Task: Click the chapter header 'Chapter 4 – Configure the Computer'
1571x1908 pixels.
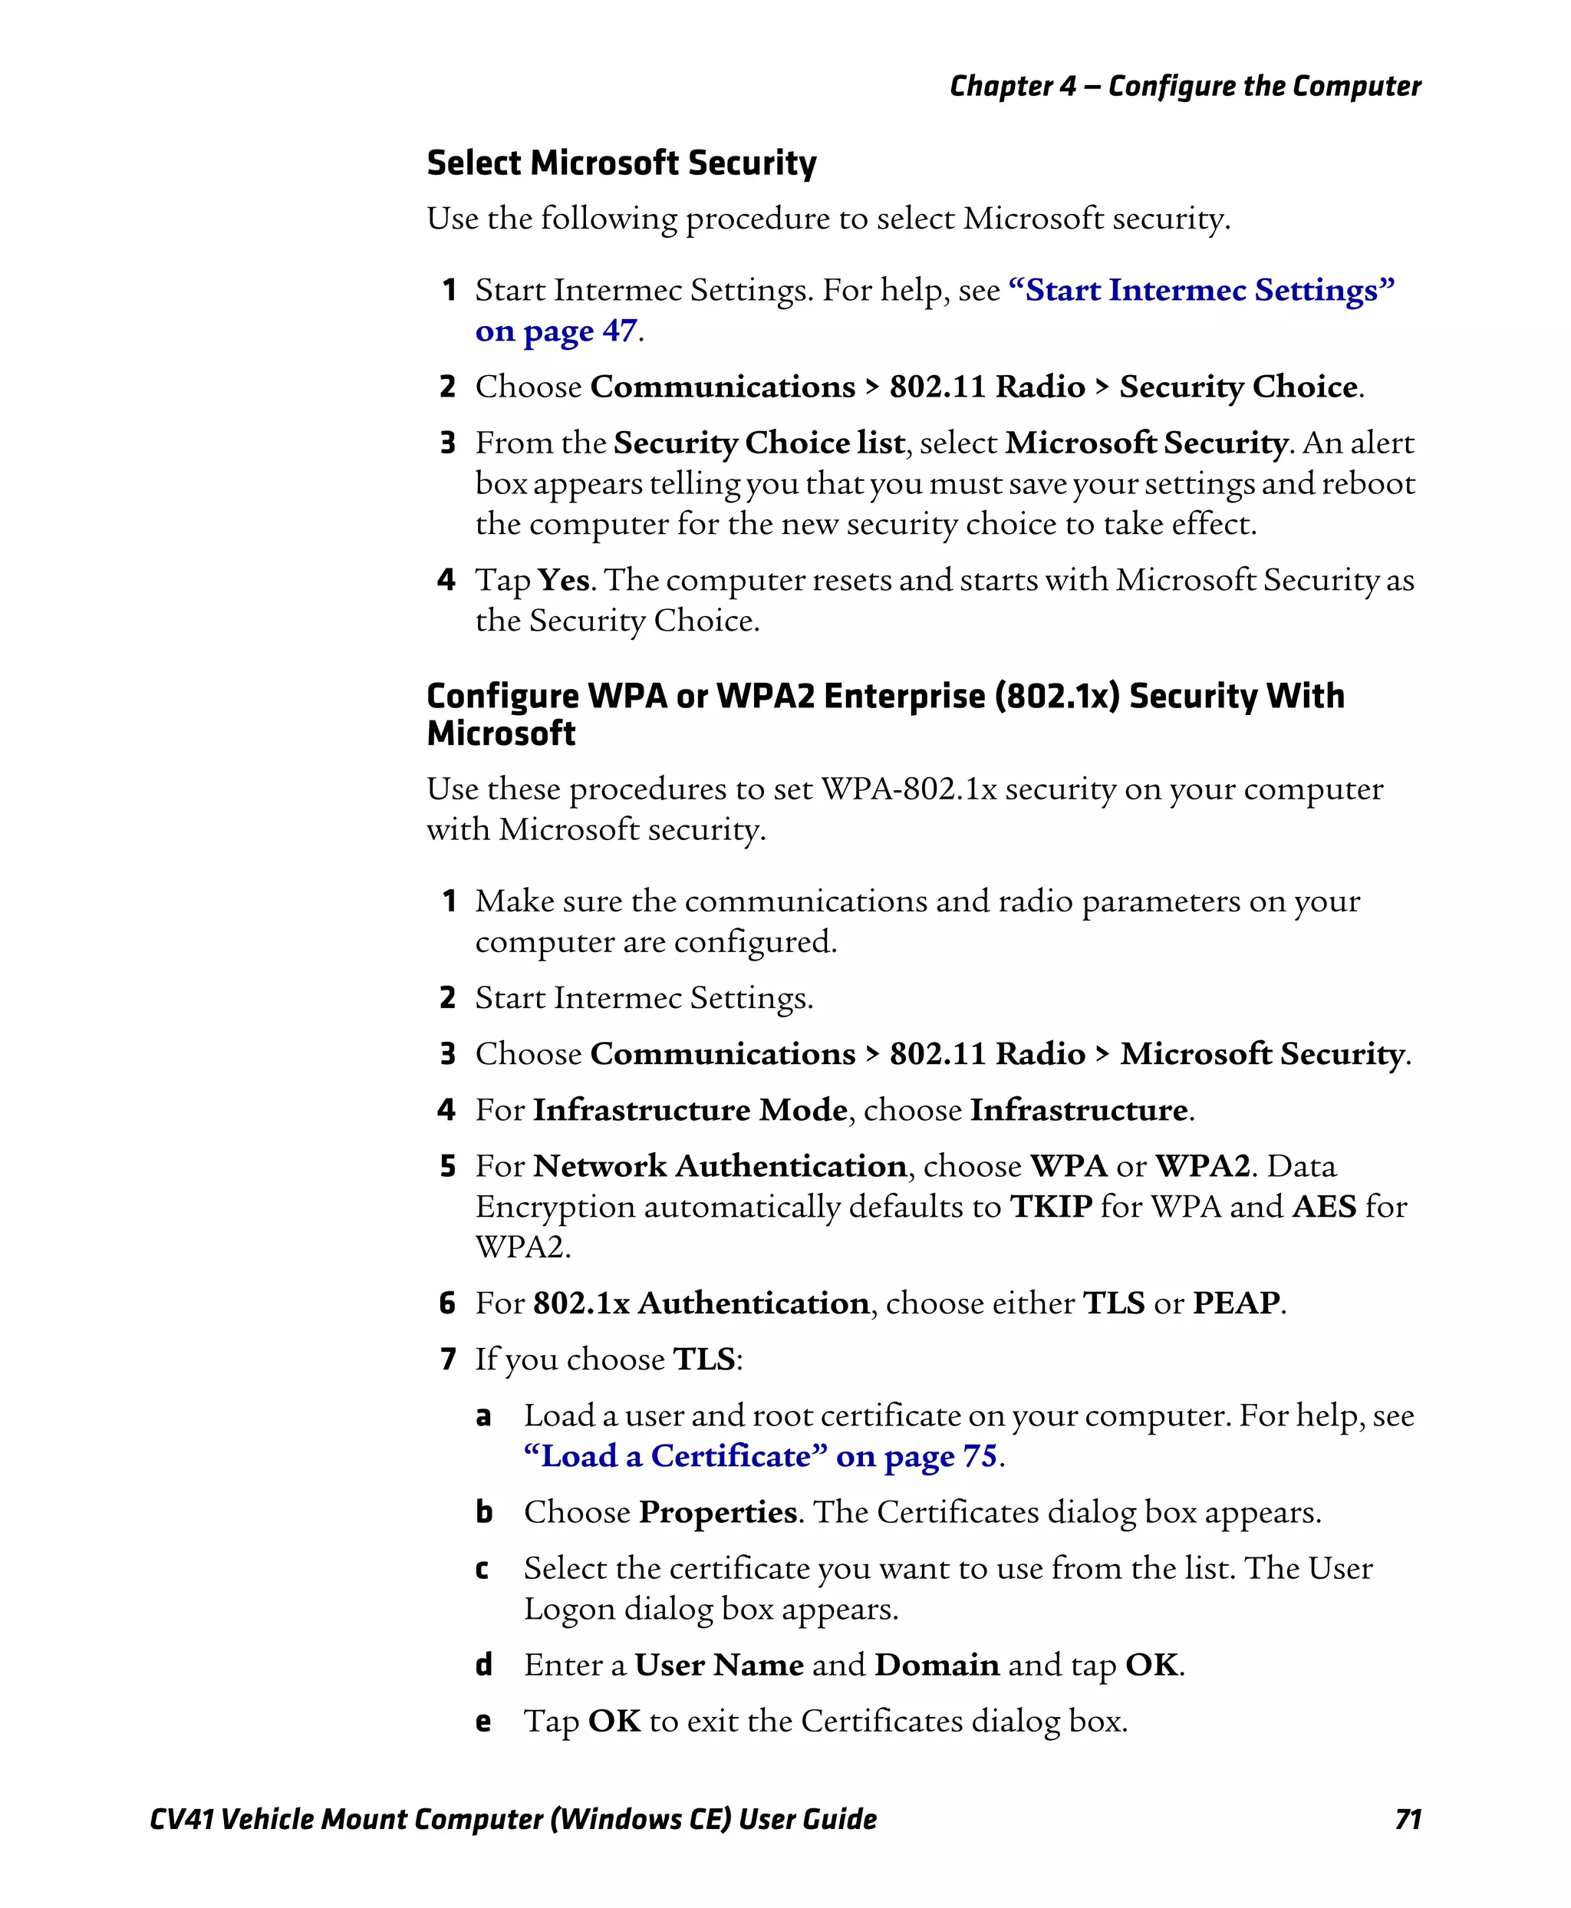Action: click(1184, 86)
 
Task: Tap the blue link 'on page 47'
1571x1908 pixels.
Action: click(555, 331)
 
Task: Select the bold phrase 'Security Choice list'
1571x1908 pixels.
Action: click(759, 443)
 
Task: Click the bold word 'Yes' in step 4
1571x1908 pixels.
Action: click(563, 580)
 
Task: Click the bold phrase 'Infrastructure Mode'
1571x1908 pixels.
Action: click(690, 1109)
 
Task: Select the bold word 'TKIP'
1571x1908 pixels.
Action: click(1051, 1207)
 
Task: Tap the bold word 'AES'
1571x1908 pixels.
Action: click(1324, 1207)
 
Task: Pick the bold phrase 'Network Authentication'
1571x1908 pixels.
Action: click(720, 1166)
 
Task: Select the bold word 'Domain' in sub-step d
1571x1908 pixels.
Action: click(937, 1666)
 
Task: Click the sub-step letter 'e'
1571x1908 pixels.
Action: click(483, 1722)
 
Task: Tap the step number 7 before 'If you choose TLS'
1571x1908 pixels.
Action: click(447, 1359)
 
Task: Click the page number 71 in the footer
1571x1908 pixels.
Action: click(1408, 1819)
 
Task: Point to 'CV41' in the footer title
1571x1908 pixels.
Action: click(181, 1819)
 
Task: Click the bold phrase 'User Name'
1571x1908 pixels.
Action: click(719, 1666)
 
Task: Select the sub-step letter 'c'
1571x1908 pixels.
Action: click(482, 1570)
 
